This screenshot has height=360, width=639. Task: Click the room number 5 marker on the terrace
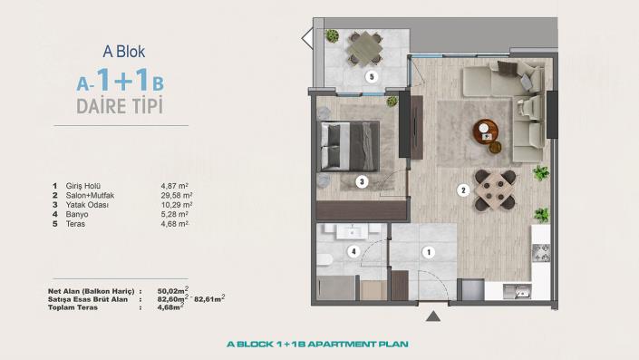[371, 77]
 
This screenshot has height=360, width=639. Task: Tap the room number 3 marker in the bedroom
[361, 181]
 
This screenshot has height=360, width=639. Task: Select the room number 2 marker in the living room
[462, 190]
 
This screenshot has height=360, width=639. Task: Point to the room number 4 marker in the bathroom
[355, 251]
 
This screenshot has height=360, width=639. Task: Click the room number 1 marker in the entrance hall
[429, 251]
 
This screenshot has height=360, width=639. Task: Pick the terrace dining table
[365, 44]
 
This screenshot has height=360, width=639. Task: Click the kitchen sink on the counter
[519, 291]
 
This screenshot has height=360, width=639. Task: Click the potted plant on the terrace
[333, 36]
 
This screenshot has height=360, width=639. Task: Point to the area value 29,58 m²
[176, 195]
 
